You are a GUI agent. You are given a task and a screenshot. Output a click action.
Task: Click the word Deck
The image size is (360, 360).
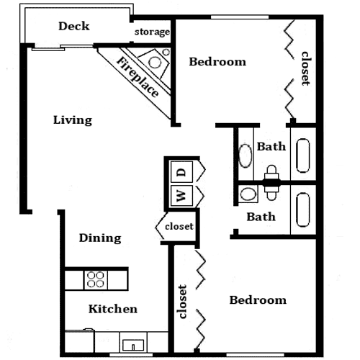coord(74,26)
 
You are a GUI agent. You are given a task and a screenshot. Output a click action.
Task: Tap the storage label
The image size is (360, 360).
coord(152,32)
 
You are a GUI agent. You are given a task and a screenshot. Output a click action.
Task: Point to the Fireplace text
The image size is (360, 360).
coord(138,77)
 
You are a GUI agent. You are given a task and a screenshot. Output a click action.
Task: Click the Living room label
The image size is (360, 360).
coord(73,120)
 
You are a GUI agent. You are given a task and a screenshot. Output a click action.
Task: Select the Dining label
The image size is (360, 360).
coord(100,238)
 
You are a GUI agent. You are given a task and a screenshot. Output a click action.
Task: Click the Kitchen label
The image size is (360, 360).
coord(113,309)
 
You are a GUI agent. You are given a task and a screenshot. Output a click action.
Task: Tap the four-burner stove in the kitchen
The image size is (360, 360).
coord(96,279)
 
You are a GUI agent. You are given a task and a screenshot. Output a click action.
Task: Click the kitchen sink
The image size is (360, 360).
coord(133,345)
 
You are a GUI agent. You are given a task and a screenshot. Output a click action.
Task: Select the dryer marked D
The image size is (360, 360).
coord(181,172)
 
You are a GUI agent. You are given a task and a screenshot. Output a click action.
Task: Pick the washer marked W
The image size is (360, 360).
coord(181,195)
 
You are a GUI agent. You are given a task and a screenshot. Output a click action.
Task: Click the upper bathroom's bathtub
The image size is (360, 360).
coord(303,156)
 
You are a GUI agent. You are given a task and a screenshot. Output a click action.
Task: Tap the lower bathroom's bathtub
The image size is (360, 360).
coord(303,210)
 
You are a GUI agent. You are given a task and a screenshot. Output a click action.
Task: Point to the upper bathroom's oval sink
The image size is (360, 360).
coord(246,156)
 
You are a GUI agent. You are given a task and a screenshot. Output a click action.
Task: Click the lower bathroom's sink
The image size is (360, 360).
coord(248,194)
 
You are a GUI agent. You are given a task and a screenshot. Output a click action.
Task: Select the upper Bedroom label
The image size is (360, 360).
coord(217,62)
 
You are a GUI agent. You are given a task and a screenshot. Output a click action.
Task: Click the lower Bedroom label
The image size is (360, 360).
coord(258,300)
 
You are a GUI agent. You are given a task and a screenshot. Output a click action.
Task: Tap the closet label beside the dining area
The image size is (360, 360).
coord(179,226)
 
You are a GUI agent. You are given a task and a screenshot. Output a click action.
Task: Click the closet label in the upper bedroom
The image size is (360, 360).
coord(306,68)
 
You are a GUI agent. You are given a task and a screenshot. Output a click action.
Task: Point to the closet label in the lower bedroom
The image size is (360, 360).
coord(182,302)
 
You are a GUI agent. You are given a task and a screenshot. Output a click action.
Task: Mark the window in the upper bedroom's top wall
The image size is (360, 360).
coord(240,17)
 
